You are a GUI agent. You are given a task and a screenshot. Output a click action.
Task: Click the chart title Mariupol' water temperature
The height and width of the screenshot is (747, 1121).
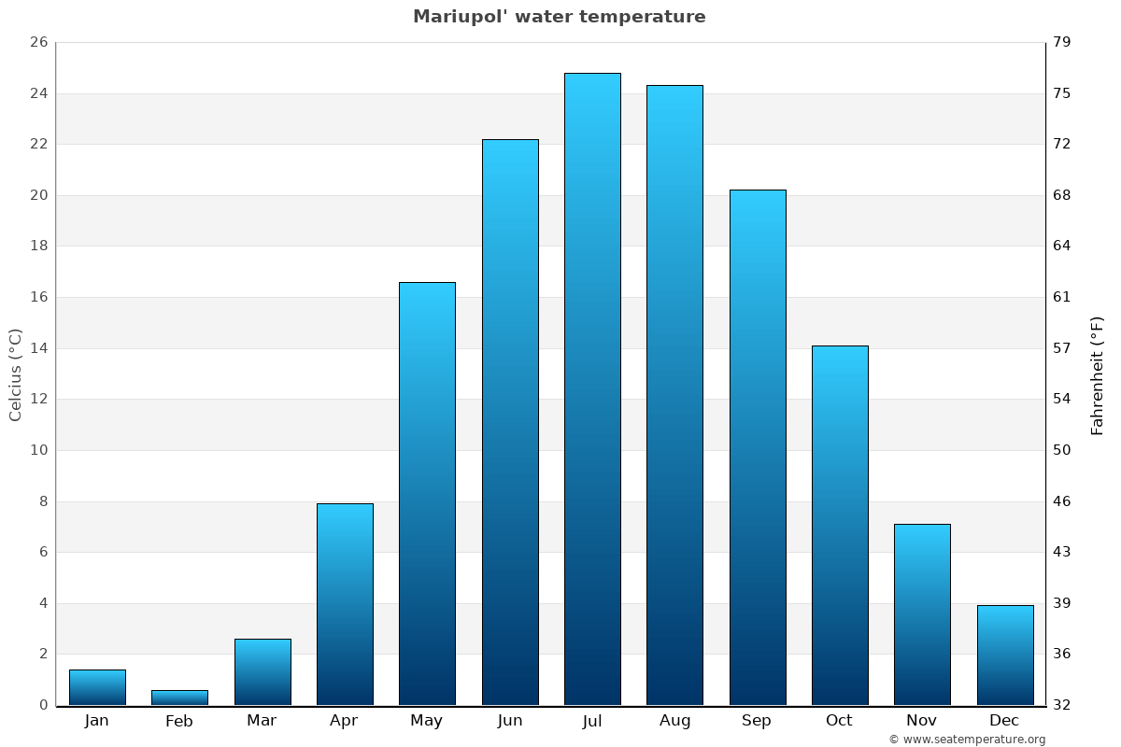559,17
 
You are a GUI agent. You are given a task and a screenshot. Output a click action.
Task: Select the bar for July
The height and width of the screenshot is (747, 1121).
592,388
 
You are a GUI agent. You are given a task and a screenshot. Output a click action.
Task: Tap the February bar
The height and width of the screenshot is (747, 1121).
179,698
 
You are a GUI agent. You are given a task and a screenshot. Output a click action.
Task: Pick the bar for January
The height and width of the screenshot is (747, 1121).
97,687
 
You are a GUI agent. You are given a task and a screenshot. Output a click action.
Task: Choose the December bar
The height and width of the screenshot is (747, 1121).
1004,655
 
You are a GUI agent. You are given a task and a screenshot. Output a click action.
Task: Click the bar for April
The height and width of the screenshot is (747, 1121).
345,603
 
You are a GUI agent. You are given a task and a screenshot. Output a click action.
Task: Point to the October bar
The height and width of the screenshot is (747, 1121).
840,525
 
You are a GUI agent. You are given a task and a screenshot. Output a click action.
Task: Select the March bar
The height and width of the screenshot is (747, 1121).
263,671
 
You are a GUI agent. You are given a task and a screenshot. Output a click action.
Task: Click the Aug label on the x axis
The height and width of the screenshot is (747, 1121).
674,721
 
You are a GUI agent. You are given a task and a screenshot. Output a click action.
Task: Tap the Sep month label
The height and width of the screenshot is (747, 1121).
757,721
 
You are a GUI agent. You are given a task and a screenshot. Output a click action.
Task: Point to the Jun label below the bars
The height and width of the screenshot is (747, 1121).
510,721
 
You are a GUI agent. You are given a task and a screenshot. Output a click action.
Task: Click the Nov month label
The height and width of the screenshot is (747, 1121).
922,721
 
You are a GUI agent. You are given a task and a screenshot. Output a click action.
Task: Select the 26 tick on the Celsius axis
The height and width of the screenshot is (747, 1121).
39,43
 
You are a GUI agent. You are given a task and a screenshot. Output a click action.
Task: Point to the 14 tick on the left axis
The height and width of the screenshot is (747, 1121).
39,348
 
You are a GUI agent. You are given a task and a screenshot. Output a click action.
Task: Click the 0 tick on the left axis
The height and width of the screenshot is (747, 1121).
43,705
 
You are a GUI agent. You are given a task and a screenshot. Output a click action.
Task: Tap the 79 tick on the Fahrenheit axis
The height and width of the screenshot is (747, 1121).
1062,43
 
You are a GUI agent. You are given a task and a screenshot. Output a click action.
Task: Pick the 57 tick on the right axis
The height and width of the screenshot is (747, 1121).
1062,348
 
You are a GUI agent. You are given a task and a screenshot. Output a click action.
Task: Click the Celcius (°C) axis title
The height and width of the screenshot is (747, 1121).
15,374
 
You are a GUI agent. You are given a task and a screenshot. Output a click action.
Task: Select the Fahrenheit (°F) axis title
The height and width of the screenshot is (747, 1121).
1098,374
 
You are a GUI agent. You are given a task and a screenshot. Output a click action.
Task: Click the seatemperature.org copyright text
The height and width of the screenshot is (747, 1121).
967,740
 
